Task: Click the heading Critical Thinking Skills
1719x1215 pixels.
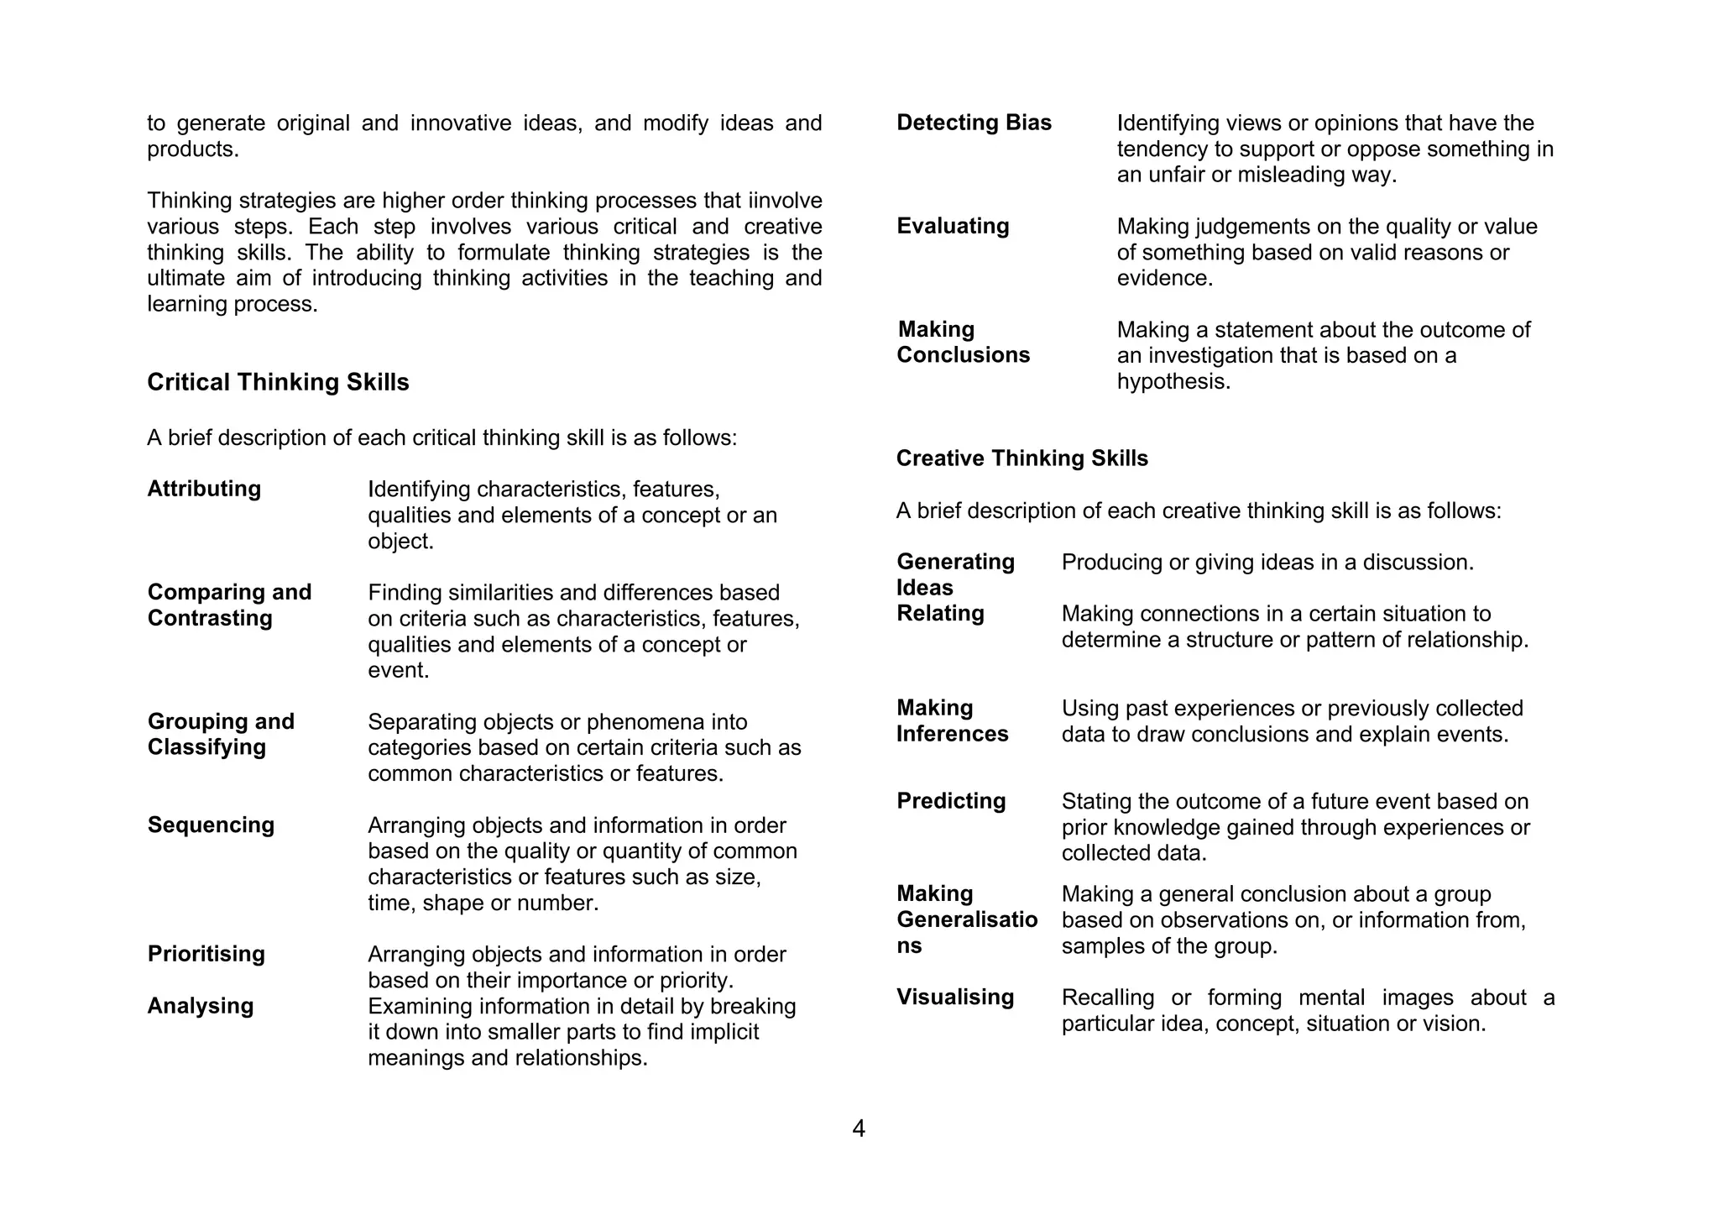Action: (x=278, y=382)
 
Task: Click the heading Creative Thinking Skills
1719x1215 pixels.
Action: (x=1021, y=458)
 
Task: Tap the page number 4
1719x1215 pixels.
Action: (x=859, y=1129)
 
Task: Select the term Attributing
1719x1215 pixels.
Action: (x=204, y=489)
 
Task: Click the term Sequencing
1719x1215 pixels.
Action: (x=211, y=825)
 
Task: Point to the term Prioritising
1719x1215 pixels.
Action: (x=206, y=954)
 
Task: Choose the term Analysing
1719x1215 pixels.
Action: (x=200, y=1006)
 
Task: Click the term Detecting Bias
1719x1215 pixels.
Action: (x=974, y=123)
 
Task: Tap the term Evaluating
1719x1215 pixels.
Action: (x=953, y=226)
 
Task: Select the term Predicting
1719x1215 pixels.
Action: (x=951, y=801)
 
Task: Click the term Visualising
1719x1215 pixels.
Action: (x=955, y=998)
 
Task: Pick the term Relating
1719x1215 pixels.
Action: (x=940, y=614)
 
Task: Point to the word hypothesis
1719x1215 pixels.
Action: (x=1173, y=382)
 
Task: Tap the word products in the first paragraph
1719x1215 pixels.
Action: (x=191, y=149)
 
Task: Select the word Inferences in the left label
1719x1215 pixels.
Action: (x=952, y=734)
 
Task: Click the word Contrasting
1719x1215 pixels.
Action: (x=210, y=619)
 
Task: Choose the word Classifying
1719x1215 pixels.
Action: (x=206, y=747)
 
